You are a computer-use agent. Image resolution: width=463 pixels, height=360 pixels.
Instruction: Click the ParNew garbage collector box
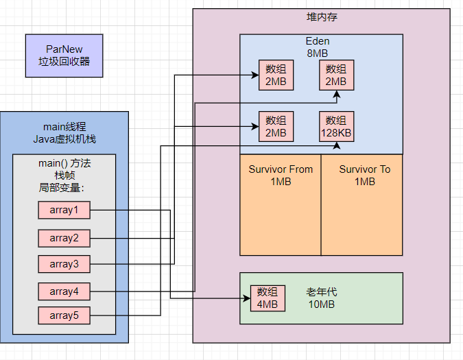click(x=64, y=56)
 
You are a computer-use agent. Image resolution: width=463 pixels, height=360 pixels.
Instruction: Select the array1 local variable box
click(x=64, y=210)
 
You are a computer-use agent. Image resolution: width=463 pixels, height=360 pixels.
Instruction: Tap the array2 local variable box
click(x=64, y=238)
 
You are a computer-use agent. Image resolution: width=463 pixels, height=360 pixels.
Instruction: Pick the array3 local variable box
click(x=64, y=264)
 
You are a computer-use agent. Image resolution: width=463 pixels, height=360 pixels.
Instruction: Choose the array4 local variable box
click(x=64, y=291)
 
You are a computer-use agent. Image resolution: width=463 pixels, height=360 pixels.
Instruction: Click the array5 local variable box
click(x=64, y=315)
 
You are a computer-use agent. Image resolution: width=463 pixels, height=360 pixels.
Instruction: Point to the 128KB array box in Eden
click(x=336, y=127)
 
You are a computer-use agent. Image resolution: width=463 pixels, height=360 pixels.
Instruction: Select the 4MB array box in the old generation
click(x=268, y=298)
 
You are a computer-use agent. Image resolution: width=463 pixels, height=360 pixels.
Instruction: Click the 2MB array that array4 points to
click(x=336, y=75)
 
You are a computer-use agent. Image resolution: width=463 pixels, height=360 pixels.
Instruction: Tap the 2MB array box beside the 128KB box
click(x=276, y=127)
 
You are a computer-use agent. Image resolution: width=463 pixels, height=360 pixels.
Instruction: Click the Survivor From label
click(x=281, y=169)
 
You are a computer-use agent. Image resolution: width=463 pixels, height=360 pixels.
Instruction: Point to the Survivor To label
click(x=365, y=169)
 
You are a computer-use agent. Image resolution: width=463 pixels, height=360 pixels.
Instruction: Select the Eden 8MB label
click(x=318, y=47)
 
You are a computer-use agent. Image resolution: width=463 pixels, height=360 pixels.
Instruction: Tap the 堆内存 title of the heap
click(x=322, y=17)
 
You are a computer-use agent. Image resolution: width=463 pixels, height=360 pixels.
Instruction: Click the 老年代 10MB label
click(x=322, y=298)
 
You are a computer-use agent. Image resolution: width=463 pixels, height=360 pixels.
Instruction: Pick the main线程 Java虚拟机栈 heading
click(x=64, y=133)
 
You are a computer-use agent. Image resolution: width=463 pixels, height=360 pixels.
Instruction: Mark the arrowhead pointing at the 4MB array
click(x=247, y=298)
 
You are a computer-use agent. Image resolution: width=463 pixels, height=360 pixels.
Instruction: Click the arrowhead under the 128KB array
click(x=337, y=145)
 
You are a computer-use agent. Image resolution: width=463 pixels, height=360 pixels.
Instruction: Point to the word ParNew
click(x=64, y=49)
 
